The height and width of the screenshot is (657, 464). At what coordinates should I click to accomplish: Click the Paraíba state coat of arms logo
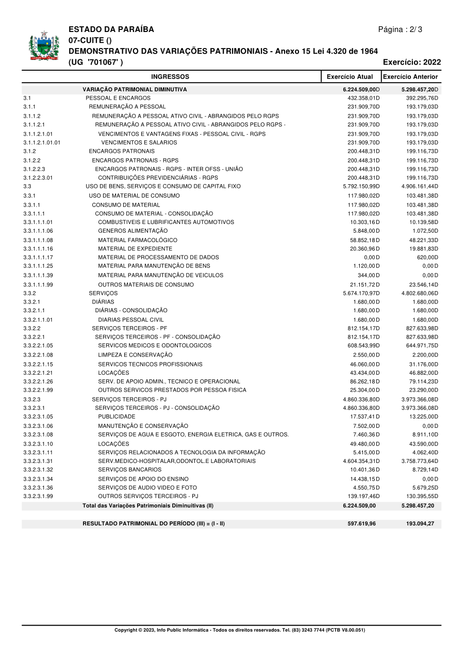click(x=44, y=47)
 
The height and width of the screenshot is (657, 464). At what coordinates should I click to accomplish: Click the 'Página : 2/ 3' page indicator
click(x=400, y=29)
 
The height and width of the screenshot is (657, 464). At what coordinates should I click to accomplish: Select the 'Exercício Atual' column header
click(x=350, y=77)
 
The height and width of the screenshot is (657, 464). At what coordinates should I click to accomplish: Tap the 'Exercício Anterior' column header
click(x=411, y=77)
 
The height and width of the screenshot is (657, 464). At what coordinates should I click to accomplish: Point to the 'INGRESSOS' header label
click(x=170, y=77)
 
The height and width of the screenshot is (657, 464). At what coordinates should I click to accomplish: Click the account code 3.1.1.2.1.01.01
click(x=42, y=142)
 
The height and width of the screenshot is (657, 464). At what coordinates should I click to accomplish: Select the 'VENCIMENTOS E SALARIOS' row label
click(x=139, y=142)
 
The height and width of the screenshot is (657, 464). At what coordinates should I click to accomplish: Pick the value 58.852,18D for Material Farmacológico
click(x=363, y=240)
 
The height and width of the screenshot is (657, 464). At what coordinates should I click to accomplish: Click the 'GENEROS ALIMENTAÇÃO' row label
click(x=133, y=231)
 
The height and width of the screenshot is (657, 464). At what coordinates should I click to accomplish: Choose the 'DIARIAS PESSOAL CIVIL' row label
click(x=131, y=319)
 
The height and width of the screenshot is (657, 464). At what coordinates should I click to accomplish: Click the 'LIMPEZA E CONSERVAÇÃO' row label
click(x=135, y=355)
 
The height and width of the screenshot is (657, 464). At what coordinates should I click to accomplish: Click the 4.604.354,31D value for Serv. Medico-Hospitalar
click(x=361, y=461)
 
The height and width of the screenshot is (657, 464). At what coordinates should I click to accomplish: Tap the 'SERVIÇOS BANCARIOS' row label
click(x=130, y=470)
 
